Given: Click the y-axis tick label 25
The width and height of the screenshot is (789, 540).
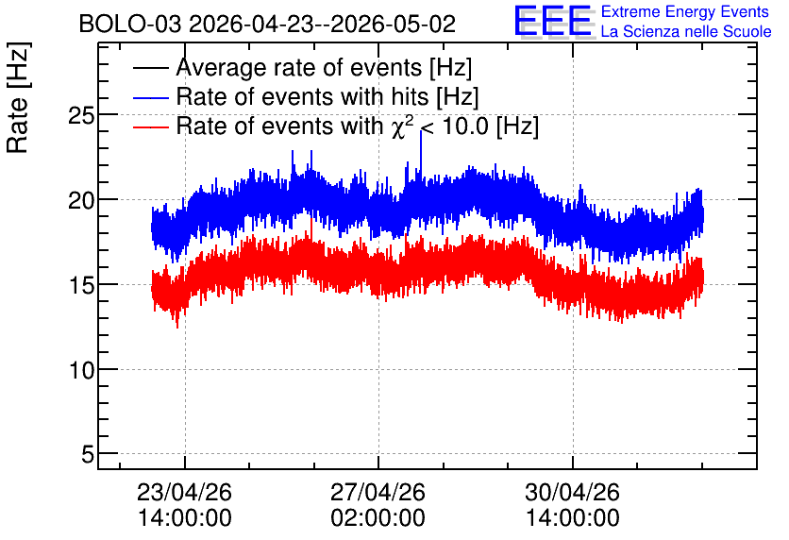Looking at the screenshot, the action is [x=81, y=116].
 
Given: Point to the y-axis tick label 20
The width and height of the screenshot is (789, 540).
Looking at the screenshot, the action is [x=81, y=201].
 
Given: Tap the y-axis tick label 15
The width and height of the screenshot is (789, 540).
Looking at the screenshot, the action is [x=81, y=286].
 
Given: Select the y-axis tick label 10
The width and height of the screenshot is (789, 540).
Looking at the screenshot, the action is [x=81, y=371].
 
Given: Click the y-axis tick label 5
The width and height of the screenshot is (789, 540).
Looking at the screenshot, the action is [x=88, y=455].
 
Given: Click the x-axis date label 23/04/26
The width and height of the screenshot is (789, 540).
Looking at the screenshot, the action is [x=184, y=492].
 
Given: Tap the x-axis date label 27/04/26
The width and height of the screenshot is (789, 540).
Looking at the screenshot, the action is [x=378, y=492].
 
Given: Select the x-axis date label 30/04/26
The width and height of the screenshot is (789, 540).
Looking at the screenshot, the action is [x=572, y=492].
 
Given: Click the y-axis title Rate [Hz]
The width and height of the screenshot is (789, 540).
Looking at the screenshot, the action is [x=18, y=97].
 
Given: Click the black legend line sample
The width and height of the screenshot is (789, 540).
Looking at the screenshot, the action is [x=150, y=68].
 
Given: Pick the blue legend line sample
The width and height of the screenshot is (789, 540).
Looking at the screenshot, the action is [x=150, y=97].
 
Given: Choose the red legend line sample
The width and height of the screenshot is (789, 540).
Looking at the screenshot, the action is [x=150, y=127].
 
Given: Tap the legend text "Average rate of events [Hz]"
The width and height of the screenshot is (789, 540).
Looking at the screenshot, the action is [x=324, y=68].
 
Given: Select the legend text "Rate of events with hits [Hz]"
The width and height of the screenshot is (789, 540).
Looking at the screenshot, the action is [x=327, y=97].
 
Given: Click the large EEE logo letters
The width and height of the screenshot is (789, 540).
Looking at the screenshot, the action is [x=553, y=21].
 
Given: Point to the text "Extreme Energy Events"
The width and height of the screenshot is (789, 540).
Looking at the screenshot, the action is [x=685, y=11].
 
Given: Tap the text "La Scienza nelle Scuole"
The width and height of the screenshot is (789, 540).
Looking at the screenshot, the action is [x=686, y=32].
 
